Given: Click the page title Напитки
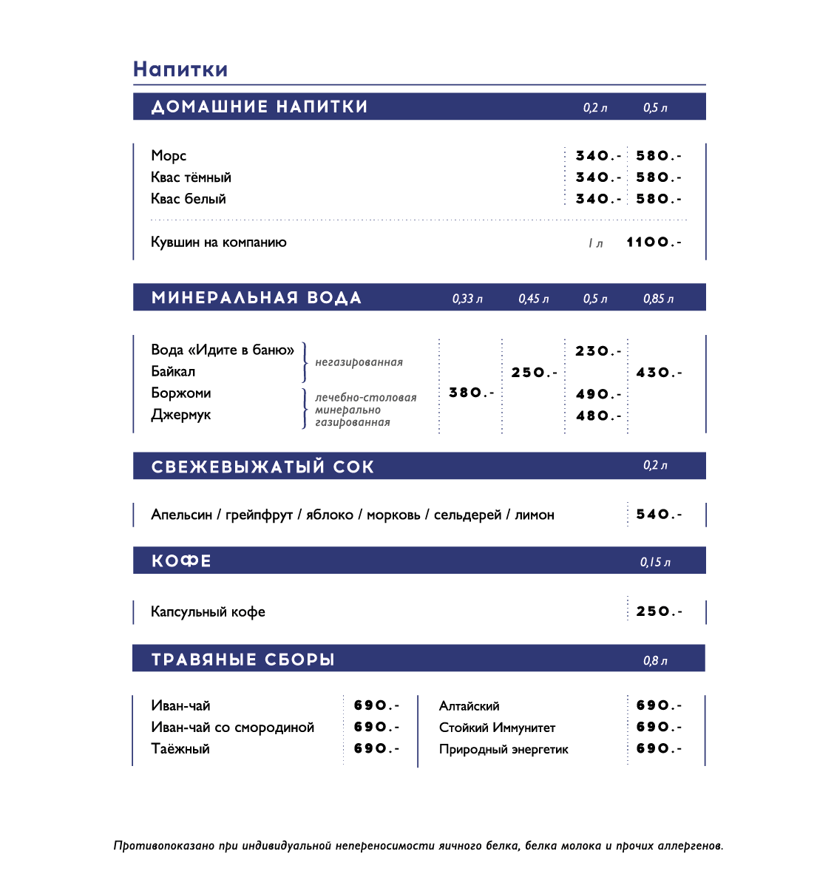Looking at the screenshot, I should tap(180, 70).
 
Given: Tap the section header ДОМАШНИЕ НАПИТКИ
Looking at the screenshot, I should tap(260, 106).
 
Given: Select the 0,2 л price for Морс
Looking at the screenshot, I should tap(597, 156).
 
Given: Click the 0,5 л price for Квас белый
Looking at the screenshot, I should tap(658, 199).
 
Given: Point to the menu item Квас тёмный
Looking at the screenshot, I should tap(191, 177).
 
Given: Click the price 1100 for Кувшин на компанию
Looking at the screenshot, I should tap(653, 242).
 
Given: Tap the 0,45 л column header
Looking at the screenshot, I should tap(533, 299).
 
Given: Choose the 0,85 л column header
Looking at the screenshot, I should tap(658, 299).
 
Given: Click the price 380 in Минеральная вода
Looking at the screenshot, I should tap(470, 393).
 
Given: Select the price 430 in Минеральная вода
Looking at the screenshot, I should tap(658, 373).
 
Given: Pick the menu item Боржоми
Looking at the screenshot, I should tap(181, 393).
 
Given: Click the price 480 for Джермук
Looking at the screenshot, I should tap(597, 416).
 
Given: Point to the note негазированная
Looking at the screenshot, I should tap(359, 362).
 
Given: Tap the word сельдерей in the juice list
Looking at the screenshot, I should tap(467, 515).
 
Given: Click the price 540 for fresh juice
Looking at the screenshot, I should tap(658, 514).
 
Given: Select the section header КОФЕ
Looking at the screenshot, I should tap(181, 561).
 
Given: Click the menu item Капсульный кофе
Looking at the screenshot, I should tap(208, 611).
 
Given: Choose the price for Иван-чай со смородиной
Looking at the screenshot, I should tap(376, 727).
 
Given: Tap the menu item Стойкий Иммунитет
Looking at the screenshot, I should tap(497, 728).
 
